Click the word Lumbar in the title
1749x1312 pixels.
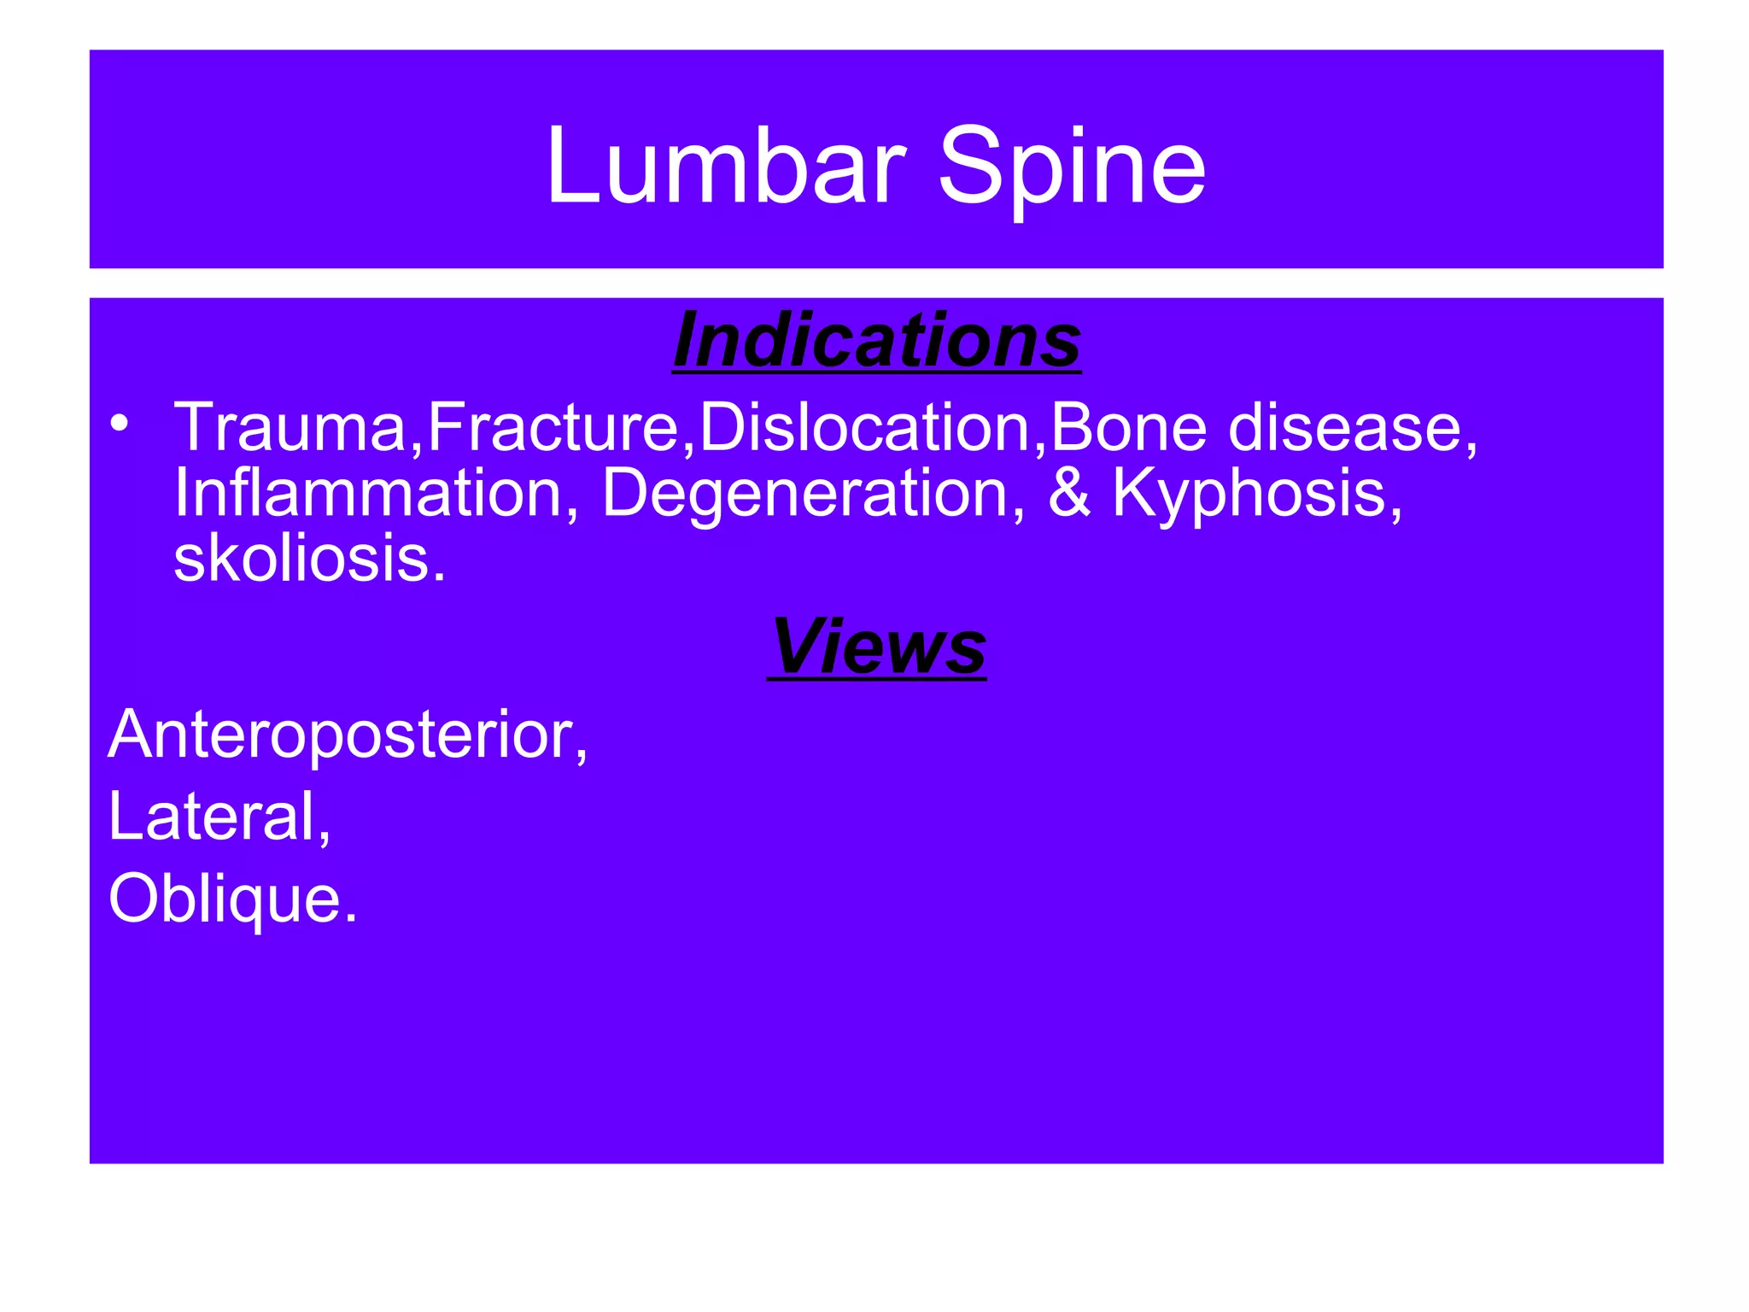(x=725, y=167)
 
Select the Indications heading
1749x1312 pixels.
(x=877, y=341)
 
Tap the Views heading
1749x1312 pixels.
(x=877, y=647)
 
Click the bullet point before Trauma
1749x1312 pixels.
(x=119, y=423)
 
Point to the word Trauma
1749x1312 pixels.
(x=291, y=428)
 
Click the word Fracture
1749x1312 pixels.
(x=553, y=428)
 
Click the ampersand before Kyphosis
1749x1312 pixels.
(x=1069, y=494)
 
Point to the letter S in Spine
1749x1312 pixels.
(x=970, y=167)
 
